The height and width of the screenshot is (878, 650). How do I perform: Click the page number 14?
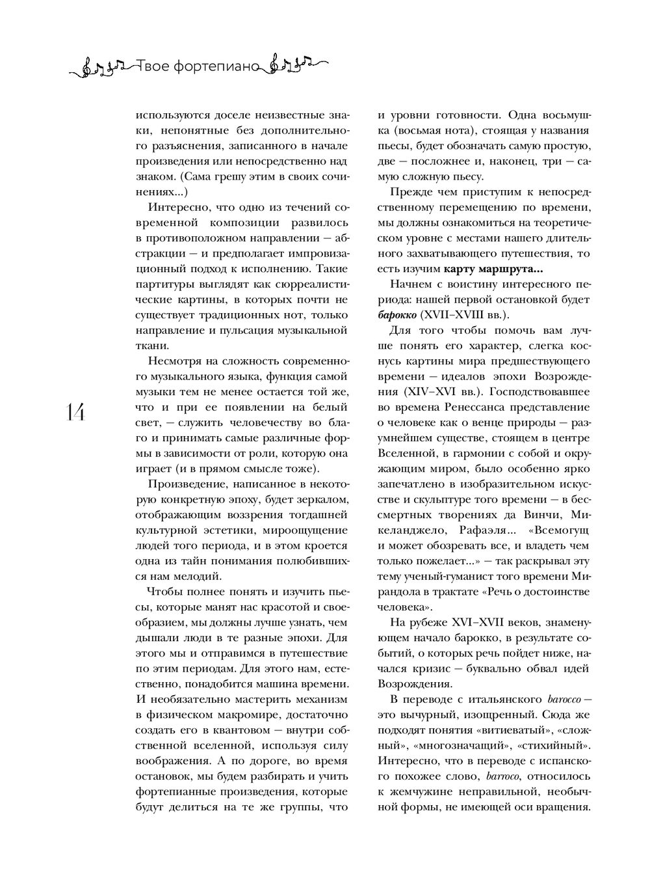coord(75,412)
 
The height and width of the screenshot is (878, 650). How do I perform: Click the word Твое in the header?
coord(153,66)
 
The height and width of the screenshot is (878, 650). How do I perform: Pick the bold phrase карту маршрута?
coord(493,269)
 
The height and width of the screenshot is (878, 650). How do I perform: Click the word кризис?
coord(435,668)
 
